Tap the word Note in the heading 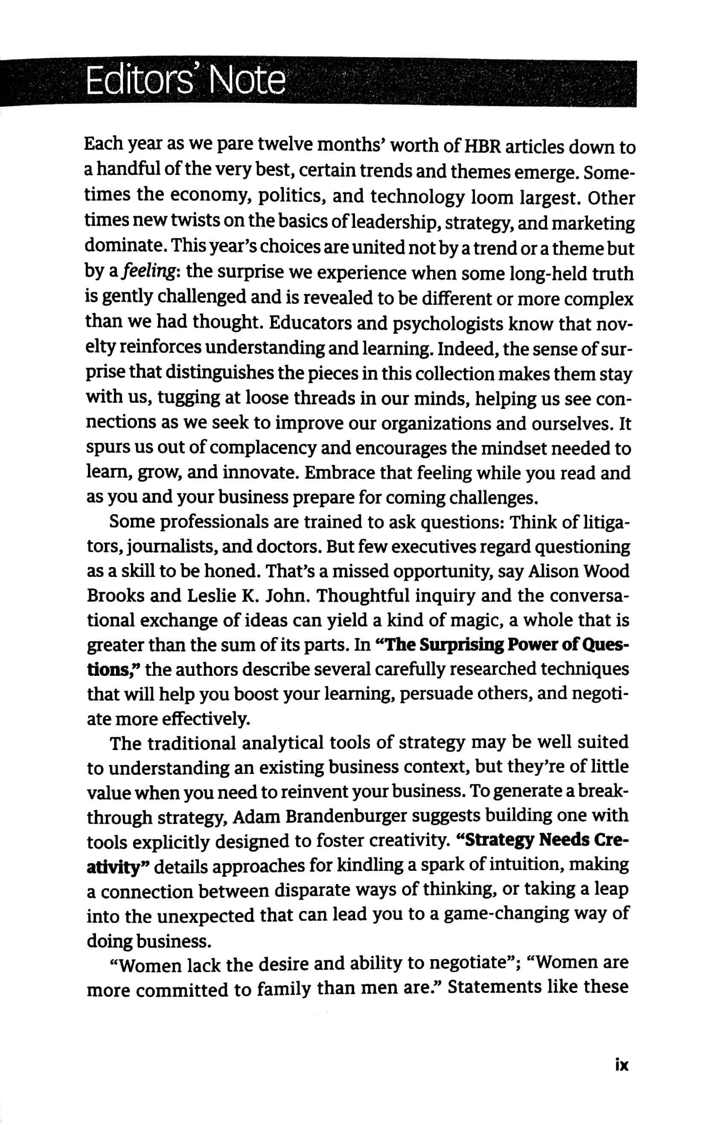248,81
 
